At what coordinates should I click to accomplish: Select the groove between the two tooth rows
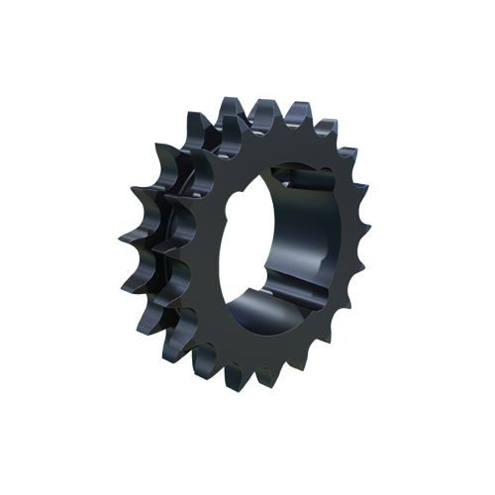[163, 238]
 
